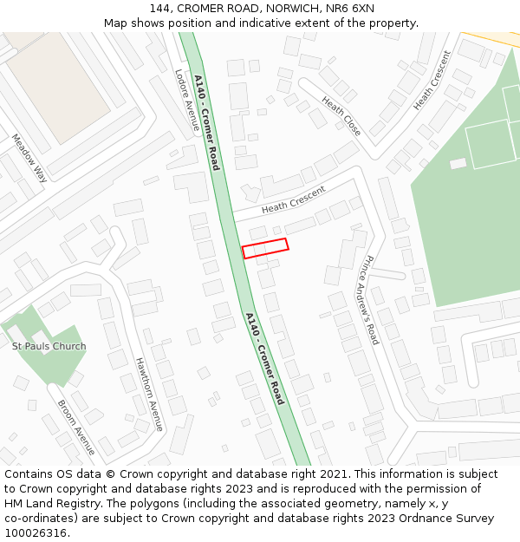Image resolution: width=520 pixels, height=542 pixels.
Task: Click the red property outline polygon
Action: [265, 248]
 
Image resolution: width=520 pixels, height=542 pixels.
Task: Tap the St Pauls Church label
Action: [49, 347]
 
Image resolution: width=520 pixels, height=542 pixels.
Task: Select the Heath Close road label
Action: [341, 115]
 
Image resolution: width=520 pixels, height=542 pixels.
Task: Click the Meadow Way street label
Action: [29, 158]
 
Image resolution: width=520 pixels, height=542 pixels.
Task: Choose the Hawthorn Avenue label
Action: [149, 395]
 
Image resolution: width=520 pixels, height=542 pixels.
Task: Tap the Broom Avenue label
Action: [76, 428]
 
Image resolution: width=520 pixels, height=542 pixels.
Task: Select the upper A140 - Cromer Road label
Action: [207, 122]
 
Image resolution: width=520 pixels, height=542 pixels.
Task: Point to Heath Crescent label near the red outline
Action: [293, 199]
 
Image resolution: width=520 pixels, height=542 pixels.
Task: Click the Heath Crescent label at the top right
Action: [432, 81]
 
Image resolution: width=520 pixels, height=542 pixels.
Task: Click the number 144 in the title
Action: [159, 9]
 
